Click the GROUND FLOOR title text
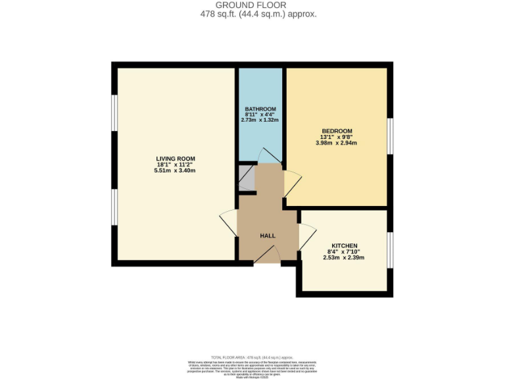click(252, 5)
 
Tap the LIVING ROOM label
click(175, 159)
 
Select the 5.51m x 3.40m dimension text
click(175, 170)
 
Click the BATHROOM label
click(260, 109)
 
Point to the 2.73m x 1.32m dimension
click(260, 120)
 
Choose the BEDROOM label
click(337, 130)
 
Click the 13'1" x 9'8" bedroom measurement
click(337, 137)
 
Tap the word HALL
click(268, 236)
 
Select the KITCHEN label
click(344, 245)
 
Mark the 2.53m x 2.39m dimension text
click(344, 257)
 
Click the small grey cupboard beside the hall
click(246, 177)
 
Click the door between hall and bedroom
click(292, 184)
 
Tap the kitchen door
click(306, 236)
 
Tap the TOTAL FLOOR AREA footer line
click(252, 356)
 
